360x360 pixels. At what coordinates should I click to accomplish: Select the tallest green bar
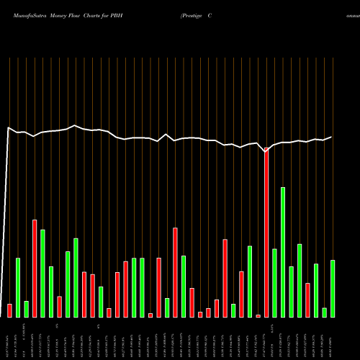click(x=283, y=252)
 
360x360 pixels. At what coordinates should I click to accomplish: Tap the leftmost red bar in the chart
click(x=9, y=310)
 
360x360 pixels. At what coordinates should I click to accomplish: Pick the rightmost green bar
click(x=333, y=288)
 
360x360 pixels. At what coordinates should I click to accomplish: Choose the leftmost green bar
click(x=18, y=287)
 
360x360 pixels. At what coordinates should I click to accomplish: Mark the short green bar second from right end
click(x=325, y=312)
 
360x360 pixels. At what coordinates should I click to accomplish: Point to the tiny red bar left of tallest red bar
click(x=258, y=315)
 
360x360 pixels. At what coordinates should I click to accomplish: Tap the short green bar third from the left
click(x=26, y=309)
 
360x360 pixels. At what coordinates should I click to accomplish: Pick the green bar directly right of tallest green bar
click(x=291, y=292)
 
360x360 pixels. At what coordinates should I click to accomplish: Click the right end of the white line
click(x=332, y=137)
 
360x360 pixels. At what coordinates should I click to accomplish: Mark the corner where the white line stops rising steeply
click(x=8, y=128)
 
